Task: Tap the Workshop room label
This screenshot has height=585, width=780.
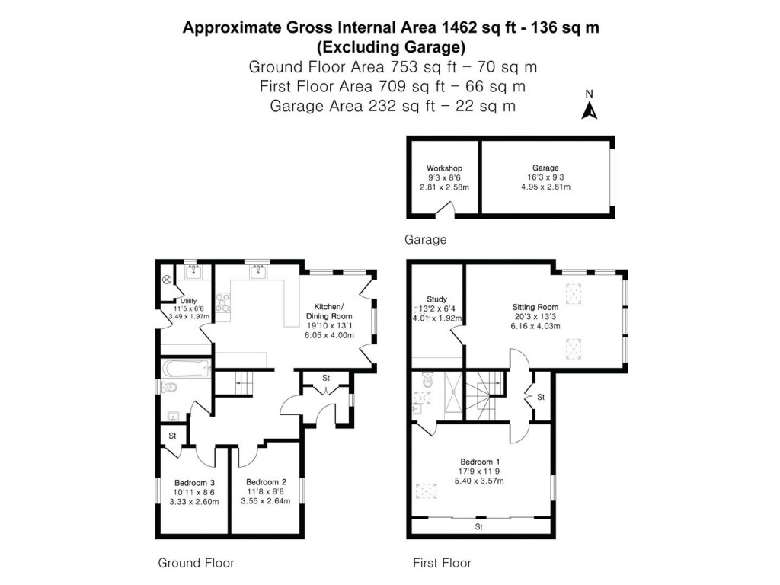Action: click(444, 168)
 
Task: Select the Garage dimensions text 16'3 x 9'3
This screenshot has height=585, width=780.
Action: click(545, 177)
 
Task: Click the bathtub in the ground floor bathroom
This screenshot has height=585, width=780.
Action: click(185, 369)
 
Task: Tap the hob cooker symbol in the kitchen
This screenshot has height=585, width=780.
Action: click(223, 302)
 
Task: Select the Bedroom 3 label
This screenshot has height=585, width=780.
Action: click(194, 482)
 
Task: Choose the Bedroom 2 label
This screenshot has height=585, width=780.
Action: click(266, 482)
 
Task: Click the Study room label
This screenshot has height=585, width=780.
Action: click(436, 299)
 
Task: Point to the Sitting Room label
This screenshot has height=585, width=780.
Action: click(535, 307)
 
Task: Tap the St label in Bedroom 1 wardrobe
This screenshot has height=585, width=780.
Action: click(479, 526)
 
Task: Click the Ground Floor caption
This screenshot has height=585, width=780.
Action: click(196, 564)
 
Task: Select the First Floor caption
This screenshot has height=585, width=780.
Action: click(442, 564)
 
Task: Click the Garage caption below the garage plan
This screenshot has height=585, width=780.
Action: click(425, 240)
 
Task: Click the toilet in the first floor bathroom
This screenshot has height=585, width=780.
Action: click(428, 379)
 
